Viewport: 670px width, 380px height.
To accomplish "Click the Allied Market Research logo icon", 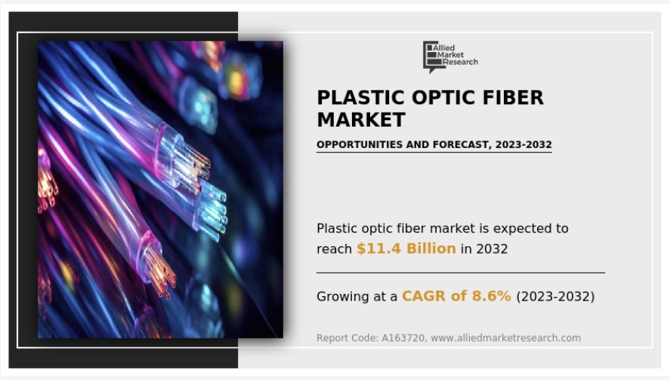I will (x=431, y=56).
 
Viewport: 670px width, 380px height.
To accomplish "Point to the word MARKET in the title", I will (x=360, y=119).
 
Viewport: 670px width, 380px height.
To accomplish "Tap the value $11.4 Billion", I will (x=406, y=248).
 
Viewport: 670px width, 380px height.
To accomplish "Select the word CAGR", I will (x=425, y=296).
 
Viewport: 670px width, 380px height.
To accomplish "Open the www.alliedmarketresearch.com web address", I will (x=505, y=338).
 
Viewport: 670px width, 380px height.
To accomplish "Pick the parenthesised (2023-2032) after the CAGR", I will (x=555, y=297).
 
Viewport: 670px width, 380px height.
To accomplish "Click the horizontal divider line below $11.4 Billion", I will (x=460, y=272).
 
